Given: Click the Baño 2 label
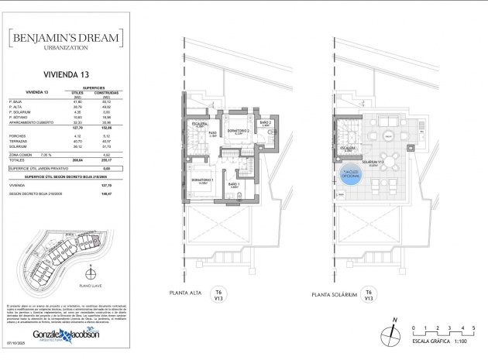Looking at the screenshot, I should (x=265, y=124).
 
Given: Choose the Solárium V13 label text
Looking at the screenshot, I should (x=379, y=164).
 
